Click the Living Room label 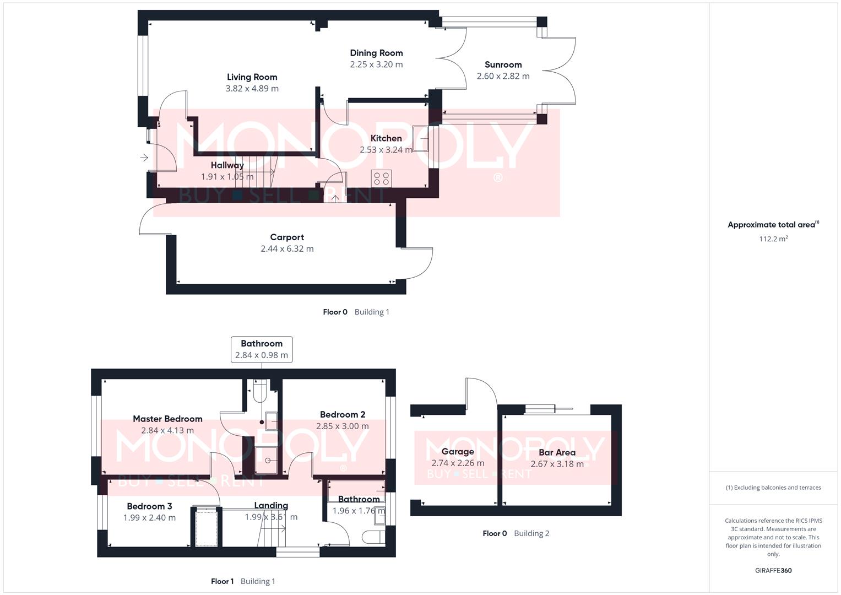pos(252,77)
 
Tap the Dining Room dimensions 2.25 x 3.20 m pos(376,64)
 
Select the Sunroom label pos(503,64)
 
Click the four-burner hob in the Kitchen pos(382,178)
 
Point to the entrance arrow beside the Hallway pos(144,158)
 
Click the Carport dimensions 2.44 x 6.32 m pos(287,249)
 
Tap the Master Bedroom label pos(167,419)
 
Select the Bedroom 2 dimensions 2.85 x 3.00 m pos(342,426)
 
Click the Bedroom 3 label pos(149,506)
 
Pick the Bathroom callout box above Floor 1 pos(262,349)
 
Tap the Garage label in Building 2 pos(458,452)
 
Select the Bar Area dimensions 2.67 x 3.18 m pos(557,464)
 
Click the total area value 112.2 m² pos(773,239)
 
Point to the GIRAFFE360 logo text pos(773,571)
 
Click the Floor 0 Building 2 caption pos(516,533)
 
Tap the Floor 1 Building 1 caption pos(243,581)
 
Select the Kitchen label pos(386,138)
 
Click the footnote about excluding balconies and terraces pos(773,488)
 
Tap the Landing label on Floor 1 pos(271,505)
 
